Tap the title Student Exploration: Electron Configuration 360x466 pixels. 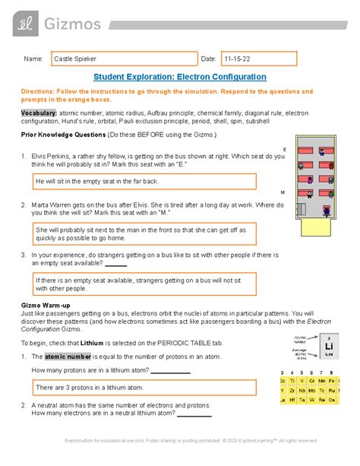[179, 77]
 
